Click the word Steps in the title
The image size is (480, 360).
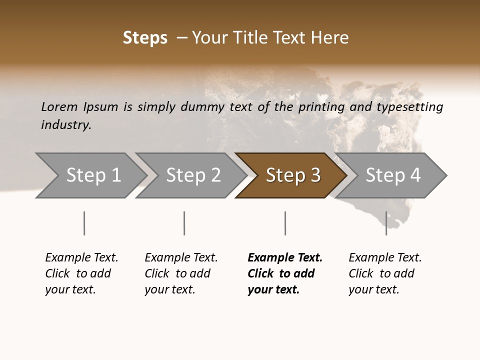(x=145, y=38)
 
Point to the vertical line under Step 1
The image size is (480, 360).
(x=84, y=223)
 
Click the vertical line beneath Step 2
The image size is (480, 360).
(x=184, y=223)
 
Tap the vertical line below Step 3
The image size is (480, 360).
(x=285, y=223)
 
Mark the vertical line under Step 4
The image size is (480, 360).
(x=386, y=223)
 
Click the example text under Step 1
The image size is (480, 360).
(x=81, y=273)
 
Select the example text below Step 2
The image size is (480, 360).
(x=181, y=273)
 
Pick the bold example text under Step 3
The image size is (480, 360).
(x=284, y=273)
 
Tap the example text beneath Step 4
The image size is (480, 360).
(x=385, y=273)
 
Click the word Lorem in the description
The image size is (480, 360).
(x=59, y=107)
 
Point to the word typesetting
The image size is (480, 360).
(x=409, y=107)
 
